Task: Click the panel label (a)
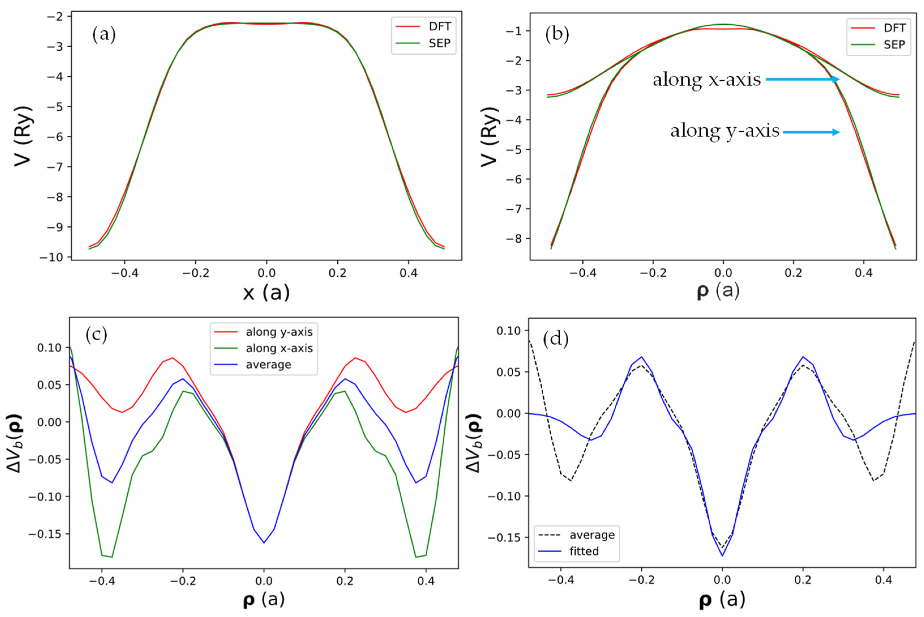tap(104, 35)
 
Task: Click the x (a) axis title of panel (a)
tap(266, 293)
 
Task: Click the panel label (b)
tap(557, 35)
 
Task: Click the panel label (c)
tap(96, 335)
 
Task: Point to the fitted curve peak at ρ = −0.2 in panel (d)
tap(642, 357)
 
